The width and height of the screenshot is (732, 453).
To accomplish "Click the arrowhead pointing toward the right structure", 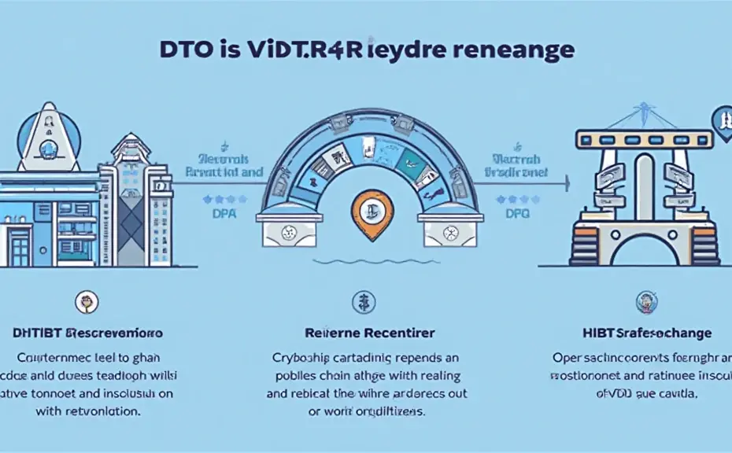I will coord(566,183).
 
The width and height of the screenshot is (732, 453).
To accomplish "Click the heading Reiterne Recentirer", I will coord(364,333).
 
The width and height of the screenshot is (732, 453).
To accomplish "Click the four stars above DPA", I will coord(214,199).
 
